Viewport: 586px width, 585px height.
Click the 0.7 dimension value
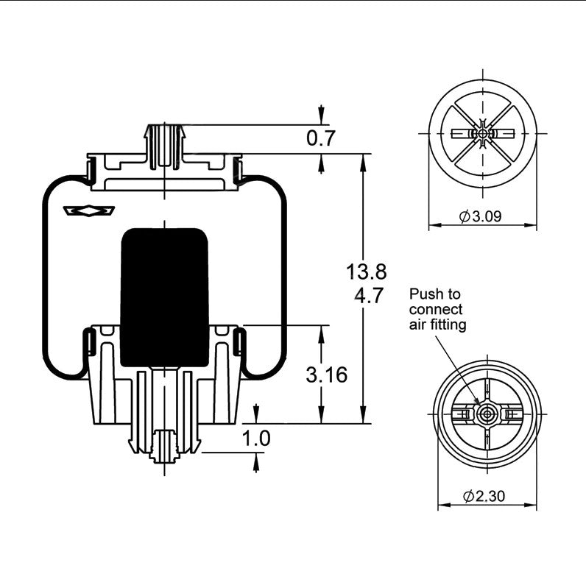[x=320, y=138]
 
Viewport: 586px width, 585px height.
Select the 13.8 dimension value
[x=366, y=272]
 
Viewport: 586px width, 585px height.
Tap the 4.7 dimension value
[x=366, y=297]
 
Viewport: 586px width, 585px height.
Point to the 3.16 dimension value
[x=326, y=375]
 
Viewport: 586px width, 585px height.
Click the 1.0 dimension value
[x=256, y=439]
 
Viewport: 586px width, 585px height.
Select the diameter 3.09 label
[x=484, y=216]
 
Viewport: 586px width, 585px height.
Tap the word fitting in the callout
[x=450, y=324]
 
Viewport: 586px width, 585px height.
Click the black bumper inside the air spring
[x=163, y=296]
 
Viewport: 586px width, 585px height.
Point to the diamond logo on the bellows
[x=91, y=210]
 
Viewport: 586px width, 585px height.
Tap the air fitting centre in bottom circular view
[x=484, y=414]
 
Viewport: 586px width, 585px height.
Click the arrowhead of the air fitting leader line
[x=476, y=404]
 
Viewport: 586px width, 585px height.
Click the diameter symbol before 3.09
[x=465, y=216]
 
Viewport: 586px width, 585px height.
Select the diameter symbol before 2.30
[x=467, y=496]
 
